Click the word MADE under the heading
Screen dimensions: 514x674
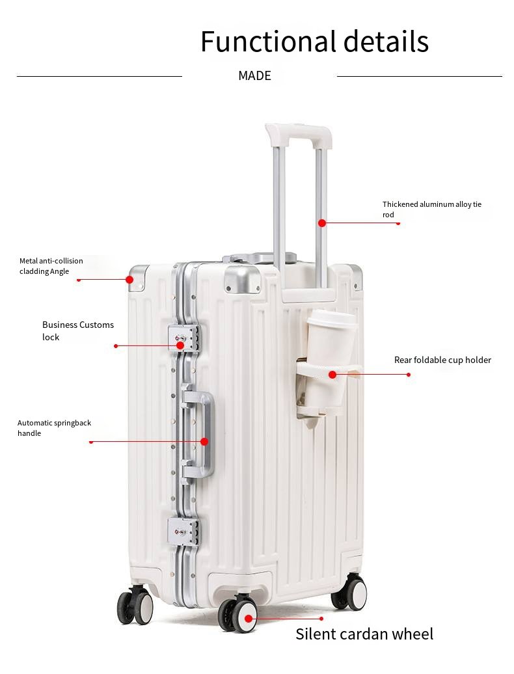(x=254, y=75)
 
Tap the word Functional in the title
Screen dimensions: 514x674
(x=268, y=41)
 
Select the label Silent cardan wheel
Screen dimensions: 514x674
(x=364, y=634)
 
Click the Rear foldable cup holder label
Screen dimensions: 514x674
(x=442, y=360)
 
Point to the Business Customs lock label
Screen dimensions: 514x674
(x=78, y=331)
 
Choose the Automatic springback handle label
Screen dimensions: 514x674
(x=54, y=428)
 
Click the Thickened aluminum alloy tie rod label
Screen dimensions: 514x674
(x=432, y=209)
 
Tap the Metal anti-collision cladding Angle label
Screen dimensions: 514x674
(x=51, y=266)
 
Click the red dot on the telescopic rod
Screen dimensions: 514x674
(x=322, y=222)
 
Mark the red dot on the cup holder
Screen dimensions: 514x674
(x=332, y=375)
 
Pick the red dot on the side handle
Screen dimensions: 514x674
(x=204, y=442)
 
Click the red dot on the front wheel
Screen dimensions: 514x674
(x=249, y=619)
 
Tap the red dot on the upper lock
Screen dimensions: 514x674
(x=180, y=345)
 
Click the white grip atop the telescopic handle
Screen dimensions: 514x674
(x=299, y=134)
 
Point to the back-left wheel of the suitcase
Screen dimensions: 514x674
(x=135, y=604)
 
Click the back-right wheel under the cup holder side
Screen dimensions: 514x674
(x=350, y=592)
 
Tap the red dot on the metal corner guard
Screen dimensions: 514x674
(x=129, y=279)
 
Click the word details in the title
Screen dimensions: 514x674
(x=386, y=41)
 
